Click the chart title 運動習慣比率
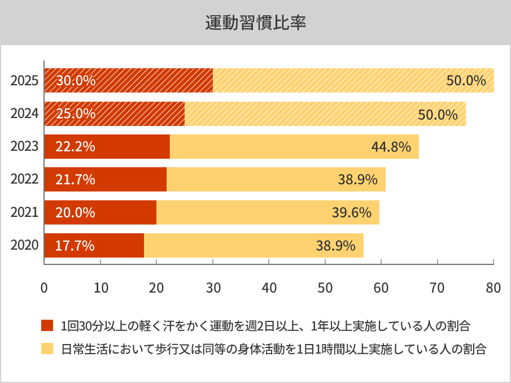click(x=255, y=23)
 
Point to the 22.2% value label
click(x=76, y=147)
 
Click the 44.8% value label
click(x=391, y=147)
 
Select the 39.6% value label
click(x=351, y=213)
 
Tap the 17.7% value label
click(x=75, y=246)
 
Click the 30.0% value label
click(x=76, y=80)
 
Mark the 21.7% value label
click(x=76, y=180)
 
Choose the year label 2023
click(x=24, y=147)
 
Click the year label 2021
click(x=24, y=213)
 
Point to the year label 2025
click(x=24, y=81)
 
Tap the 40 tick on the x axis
click(x=269, y=287)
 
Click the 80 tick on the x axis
click(x=493, y=287)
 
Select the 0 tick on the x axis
click(x=44, y=287)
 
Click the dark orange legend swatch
click(x=47, y=326)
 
